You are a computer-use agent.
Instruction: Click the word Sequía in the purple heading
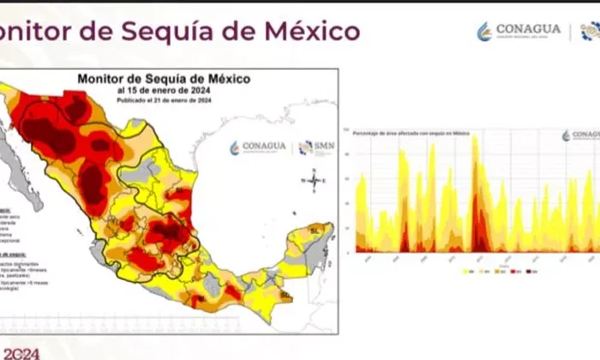point(165,32)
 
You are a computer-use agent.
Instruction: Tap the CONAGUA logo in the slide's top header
point(519,31)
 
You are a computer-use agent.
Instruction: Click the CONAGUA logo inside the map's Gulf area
point(258,147)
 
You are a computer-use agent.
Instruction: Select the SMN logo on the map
point(316,147)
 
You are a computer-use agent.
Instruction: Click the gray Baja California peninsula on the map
point(21,171)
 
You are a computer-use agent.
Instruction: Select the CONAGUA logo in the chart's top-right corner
point(581,135)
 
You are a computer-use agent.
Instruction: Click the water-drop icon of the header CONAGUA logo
point(484,32)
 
